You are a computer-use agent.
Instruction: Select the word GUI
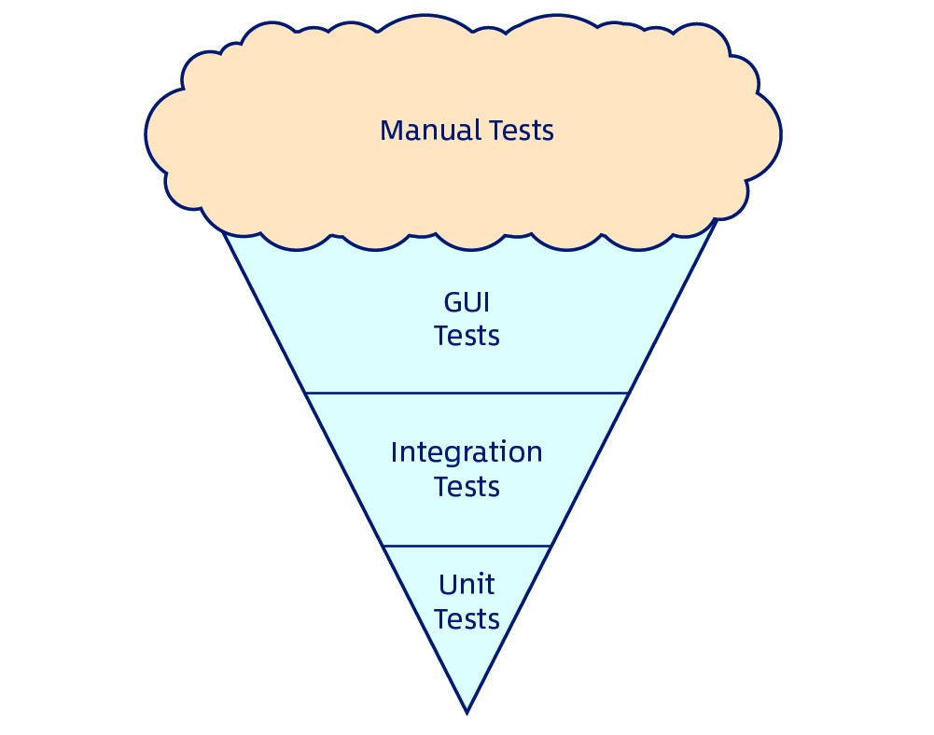pyautogui.click(x=467, y=302)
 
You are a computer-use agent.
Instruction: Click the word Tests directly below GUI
pyautogui.click(x=467, y=335)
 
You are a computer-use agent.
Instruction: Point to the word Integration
pyautogui.click(x=467, y=453)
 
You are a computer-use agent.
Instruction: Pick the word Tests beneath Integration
pyautogui.click(x=467, y=487)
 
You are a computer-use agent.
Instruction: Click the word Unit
pyautogui.click(x=467, y=585)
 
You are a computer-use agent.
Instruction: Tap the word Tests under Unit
pyautogui.click(x=467, y=618)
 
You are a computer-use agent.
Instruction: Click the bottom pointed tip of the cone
pyautogui.click(x=467, y=712)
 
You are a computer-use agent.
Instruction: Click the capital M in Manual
pyautogui.click(x=392, y=130)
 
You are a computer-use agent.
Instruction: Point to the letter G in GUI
pyautogui.click(x=452, y=302)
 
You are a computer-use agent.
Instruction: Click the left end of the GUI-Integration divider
pyautogui.click(x=308, y=393)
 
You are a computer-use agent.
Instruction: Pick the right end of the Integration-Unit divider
pyautogui.click(x=551, y=546)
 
